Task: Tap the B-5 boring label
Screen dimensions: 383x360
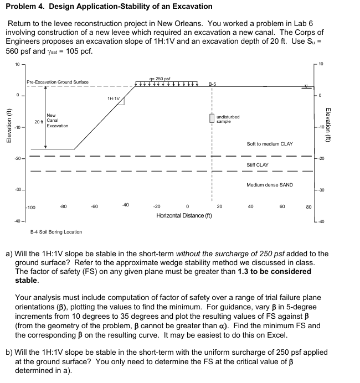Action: tap(212, 84)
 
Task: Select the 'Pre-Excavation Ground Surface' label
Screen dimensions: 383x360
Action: tap(58, 82)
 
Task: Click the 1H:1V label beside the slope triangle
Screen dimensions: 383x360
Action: tap(114, 98)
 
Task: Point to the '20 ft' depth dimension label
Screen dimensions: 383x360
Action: tap(38, 121)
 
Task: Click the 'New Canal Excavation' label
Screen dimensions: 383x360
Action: tap(58, 121)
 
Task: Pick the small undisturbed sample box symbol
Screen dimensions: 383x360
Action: tap(212, 118)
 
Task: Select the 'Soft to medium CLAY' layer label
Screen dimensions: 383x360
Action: tap(270, 144)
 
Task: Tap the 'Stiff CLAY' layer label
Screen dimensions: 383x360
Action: tap(258, 165)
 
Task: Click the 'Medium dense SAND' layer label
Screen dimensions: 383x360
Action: tap(270, 185)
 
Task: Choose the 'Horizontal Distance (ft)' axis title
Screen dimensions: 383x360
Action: tap(184, 215)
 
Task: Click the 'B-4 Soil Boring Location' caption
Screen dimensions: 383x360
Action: tap(56, 232)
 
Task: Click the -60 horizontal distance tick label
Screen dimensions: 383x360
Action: tap(95, 206)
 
